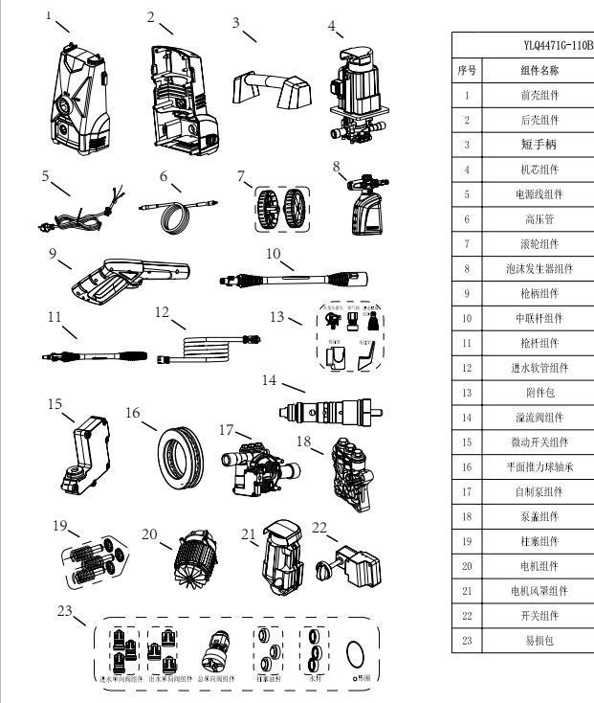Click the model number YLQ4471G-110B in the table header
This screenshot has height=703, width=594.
tap(553, 45)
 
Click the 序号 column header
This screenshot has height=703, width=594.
tap(466, 70)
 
